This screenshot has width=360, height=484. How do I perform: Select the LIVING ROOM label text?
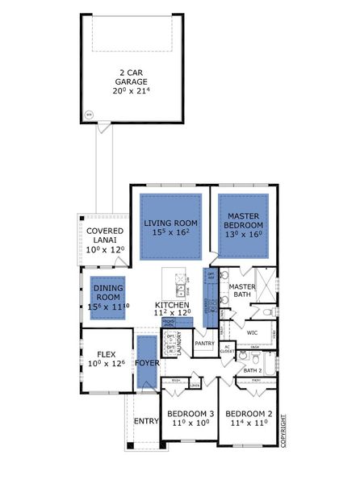(x=171, y=228)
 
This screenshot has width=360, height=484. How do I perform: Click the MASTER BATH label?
(x=241, y=291)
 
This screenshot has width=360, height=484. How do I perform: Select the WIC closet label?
(x=251, y=332)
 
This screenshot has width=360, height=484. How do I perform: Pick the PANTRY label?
(x=204, y=343)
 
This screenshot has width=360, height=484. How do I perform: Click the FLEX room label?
(x=106, y=359)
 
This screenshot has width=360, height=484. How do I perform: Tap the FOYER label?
(x=147, y=363)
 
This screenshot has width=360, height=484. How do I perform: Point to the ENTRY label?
(x=146, y=420)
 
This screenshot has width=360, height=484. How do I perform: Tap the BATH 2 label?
(x=253, y=370)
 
